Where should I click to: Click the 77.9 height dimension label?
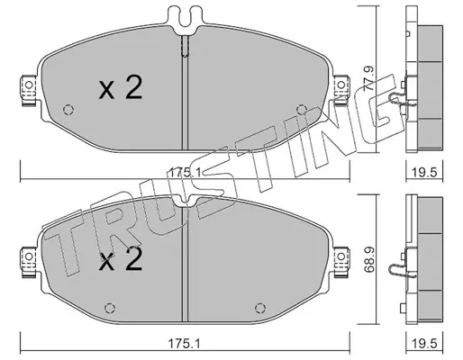point(368,79)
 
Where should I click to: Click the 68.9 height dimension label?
point(368,260)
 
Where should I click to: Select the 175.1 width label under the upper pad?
point(185,173)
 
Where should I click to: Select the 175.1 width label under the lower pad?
point(185,344)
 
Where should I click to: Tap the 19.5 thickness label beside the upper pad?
point(424,173)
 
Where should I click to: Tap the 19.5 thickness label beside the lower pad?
point(424,344)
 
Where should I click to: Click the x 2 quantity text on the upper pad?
point(121,87)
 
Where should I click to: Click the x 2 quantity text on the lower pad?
point(121,259)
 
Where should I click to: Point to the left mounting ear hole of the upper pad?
point(29,85)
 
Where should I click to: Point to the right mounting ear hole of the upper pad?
point(340,85)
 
